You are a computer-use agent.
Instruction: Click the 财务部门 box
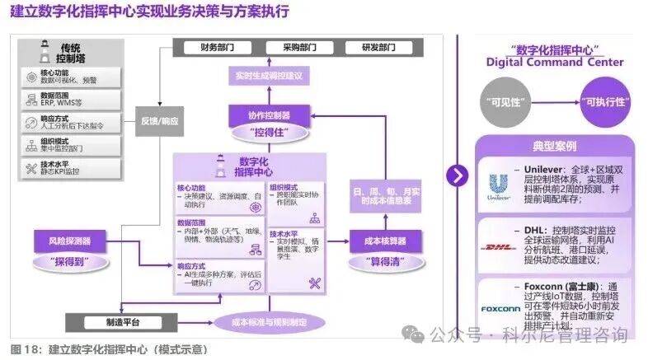[214, 49]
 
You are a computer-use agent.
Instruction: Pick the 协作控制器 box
[269, 115]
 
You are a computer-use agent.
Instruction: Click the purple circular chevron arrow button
[457, 175]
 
